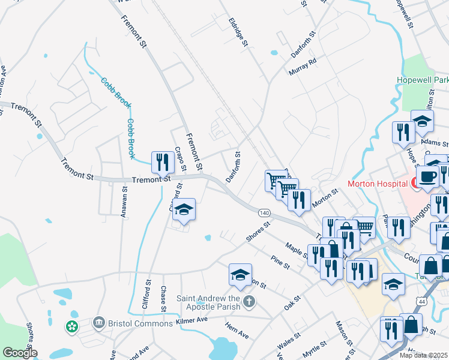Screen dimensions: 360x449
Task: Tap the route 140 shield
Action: pyautogui.click(x=264, y=213)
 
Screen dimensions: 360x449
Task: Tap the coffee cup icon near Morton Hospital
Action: pyautogui.click(x=428, y=176)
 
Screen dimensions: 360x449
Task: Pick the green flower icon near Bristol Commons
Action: pyautogui.click(x=71, y=327)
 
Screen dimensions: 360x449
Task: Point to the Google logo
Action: pyautogui.click(x=19, y=353)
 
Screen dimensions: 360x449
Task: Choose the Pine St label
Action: pyautogui.click(x=280, y=262)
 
